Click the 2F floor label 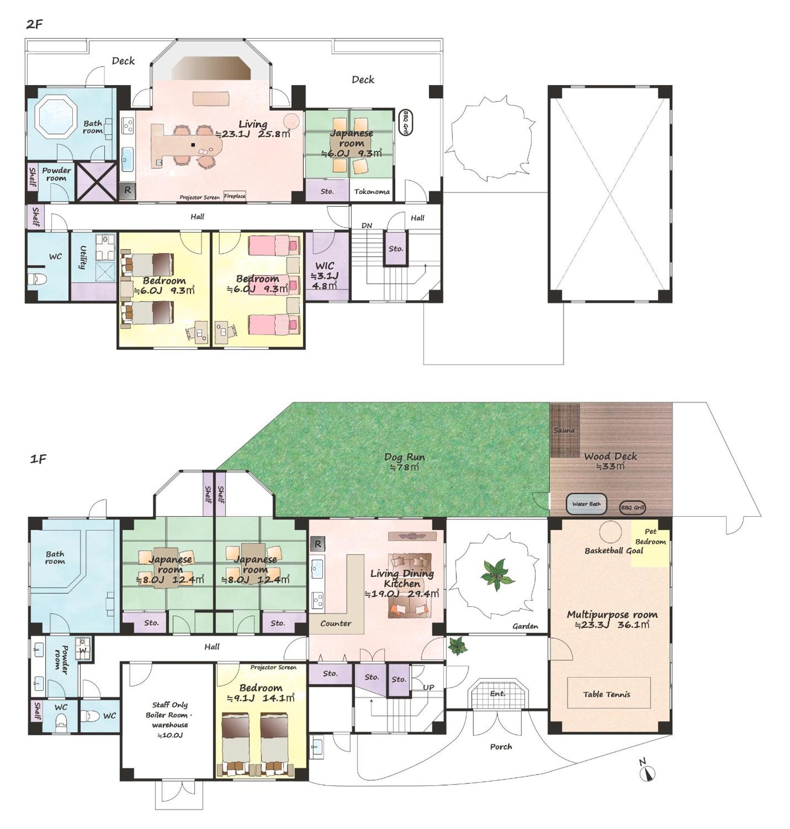pos(35,24)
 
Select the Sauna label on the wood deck pos(564,430)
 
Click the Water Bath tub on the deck pos(586,504)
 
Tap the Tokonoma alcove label pos(372,192)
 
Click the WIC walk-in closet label pos(324,266)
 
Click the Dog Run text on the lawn pos(404,457)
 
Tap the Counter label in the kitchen pos(336,623)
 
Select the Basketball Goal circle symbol pos(610,532)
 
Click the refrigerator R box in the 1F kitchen pos(317,544)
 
